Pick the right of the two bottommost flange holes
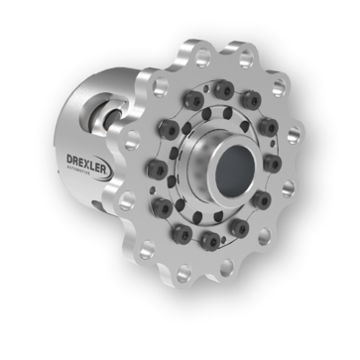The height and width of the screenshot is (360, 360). (227, 265)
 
